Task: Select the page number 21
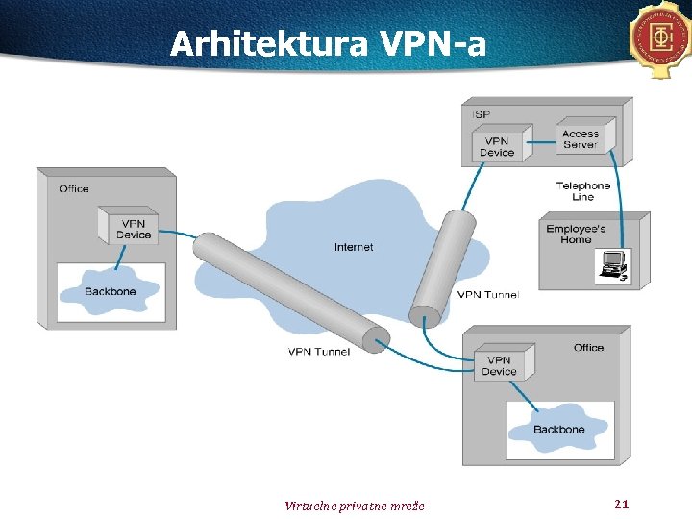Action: coord(620,504)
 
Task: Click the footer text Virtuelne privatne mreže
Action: coord(355,506)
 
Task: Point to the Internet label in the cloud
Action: coord(354,247)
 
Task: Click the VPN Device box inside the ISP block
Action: coord(499,145)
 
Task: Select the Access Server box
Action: coord(580,139)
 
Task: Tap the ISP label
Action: coord(482,114)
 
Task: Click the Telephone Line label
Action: coord(582,191)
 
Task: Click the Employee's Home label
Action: coord(576,234)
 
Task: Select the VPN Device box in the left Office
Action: coord(132,228)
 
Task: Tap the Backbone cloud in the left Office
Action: coord(110,290)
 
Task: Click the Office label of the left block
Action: coord(74,188)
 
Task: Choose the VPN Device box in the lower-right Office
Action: coord(500,364)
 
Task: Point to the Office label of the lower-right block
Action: coord(588,347)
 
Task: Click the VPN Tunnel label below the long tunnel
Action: coord(319,352)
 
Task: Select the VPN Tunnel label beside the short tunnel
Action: coord(487,295)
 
